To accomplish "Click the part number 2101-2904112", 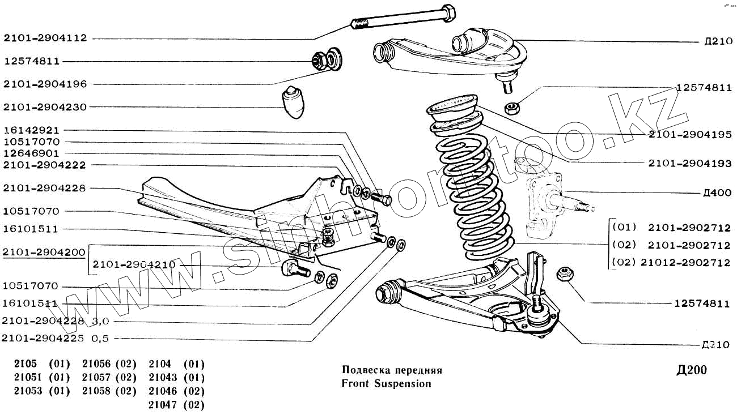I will pyautogui.click(x=45, y=39).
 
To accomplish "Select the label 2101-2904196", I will pyautogui.click(x=45, y=84).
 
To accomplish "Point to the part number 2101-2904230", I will pyautogui.click(x=45, y=107).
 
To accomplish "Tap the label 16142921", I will pyautogui.click(x=31, y=130).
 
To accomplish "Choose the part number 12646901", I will pyautogui.click(x=31, y=153).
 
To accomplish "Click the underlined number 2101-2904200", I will pyautogui.click(x=44, y=252).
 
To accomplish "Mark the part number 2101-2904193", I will pyautogui.click(x=689, y=163).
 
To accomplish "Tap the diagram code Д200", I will pyautogui.click(x=692, y=371).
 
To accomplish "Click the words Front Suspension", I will pyautogui.click(x=386, y=384).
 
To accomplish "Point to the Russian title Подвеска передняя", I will pyautogui.click(x=392, y=370).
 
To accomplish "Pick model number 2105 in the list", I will pyautogui.click(x=26, y=364).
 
